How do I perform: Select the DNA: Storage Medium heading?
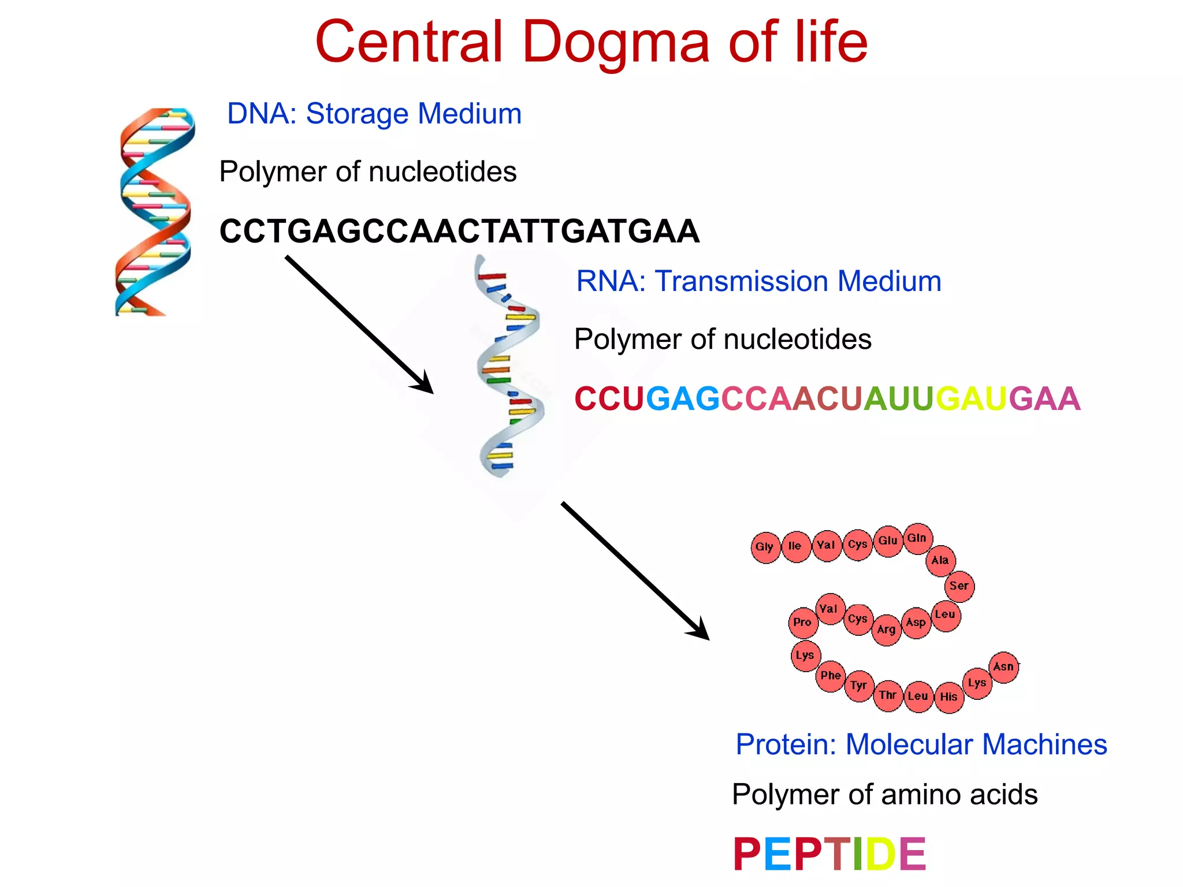click(x=374, y=114)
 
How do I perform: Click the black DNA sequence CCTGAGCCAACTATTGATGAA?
click(x=459, y=232)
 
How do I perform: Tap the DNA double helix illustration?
click(x=154, y=212)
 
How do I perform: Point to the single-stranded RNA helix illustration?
click(x=508, y=367)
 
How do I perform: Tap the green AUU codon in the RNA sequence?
click(x=898, y=399)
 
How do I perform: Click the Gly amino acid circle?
click(x=765, y=547)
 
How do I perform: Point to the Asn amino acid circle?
click(x=1004, y=667)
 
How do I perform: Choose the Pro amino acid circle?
click(x=803, y=623)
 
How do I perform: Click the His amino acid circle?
click(x=949, y=697)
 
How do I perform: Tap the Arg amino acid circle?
click(x=887, y=630)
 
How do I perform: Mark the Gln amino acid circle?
click(x=917, y=538)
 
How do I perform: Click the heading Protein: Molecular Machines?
click(x=921, y=744)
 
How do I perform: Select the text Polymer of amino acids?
click(x=884, y=795)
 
